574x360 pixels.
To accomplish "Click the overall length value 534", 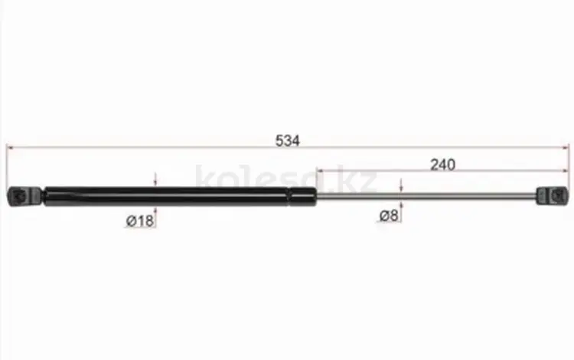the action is (287, 141).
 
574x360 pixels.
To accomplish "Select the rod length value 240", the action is (442, 165).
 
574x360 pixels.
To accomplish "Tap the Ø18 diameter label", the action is (140, 221).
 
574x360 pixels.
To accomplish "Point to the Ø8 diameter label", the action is (388, 215).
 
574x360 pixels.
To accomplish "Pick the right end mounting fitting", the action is (553, 196).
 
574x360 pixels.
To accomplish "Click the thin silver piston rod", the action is (426, 196).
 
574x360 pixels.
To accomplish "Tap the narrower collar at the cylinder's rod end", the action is (302, 197).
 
